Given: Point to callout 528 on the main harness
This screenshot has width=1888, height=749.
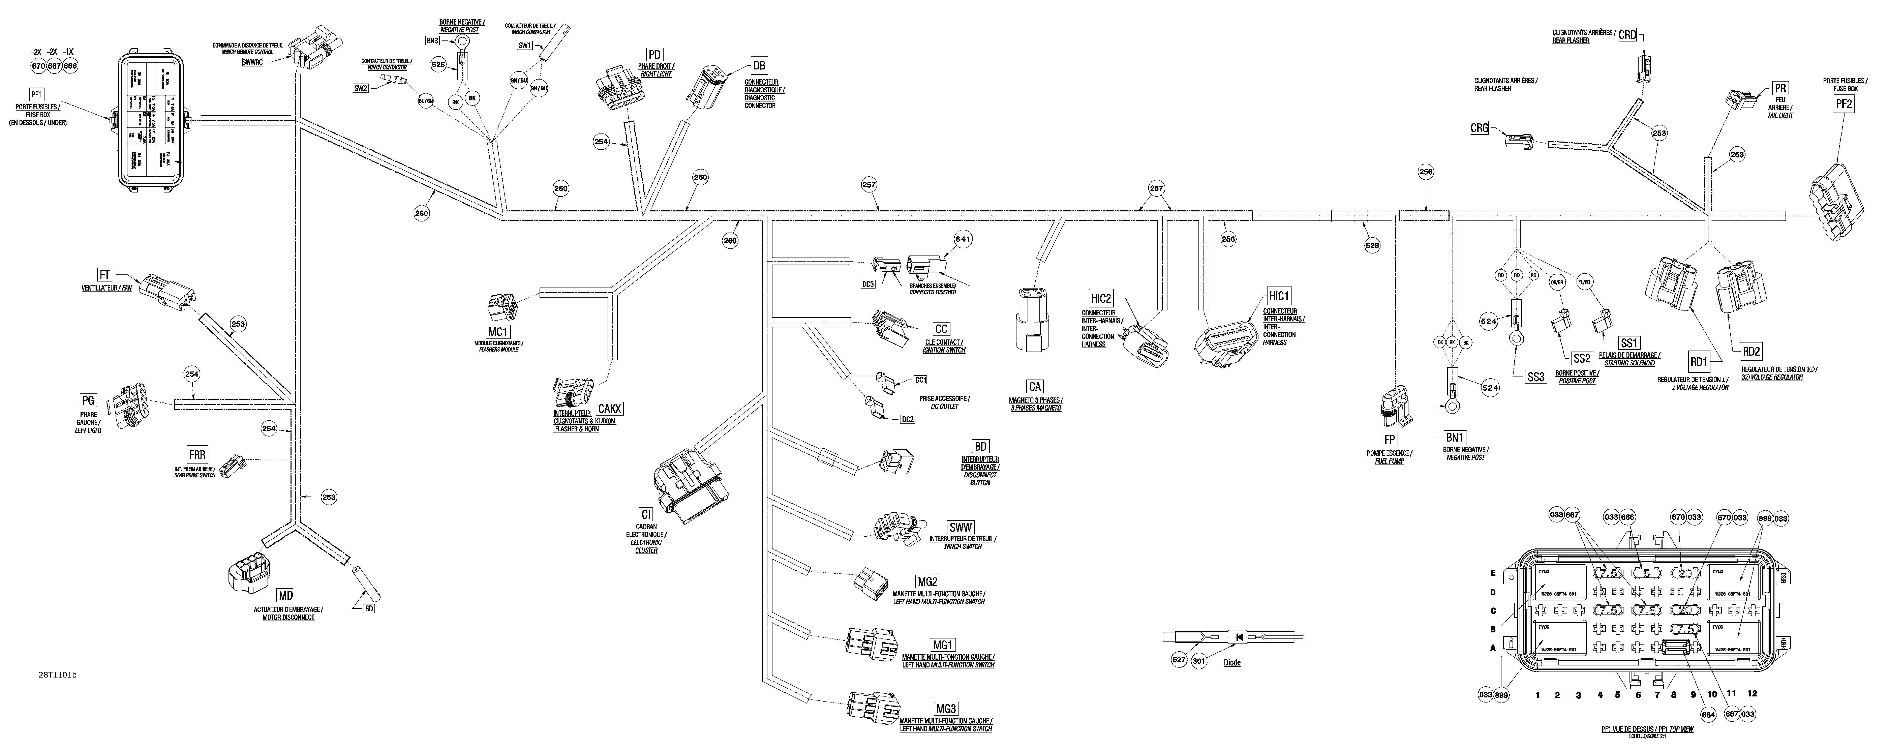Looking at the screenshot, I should [1371, 245].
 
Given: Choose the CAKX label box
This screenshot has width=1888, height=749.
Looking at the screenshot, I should [610, 408].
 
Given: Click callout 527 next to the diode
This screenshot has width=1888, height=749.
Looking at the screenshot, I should [1179, 660].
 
